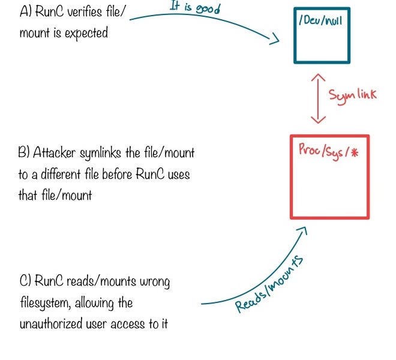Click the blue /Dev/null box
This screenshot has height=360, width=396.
tap(322, 35)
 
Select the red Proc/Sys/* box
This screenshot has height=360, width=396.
tap(329, 177)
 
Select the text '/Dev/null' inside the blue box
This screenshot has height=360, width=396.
tap(319, 22)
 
